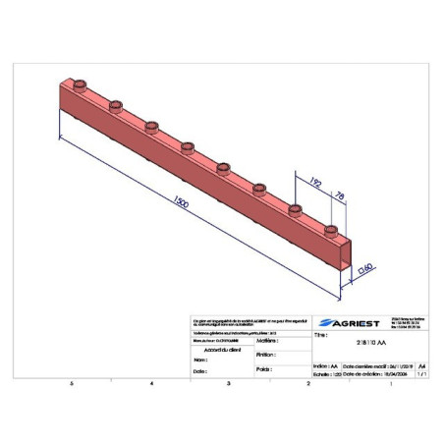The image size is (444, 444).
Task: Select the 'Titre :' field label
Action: tap(320, 335)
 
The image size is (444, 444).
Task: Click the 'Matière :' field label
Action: tap(267, 340)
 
